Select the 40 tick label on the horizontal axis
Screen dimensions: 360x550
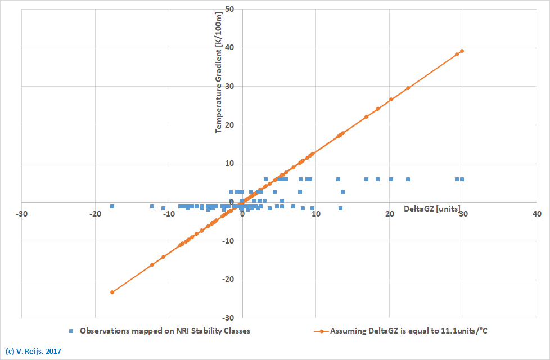coord(537,214)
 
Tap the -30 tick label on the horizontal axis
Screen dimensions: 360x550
coord(21,214)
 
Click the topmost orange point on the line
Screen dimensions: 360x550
coord(462,51)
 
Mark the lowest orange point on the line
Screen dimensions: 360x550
coord(112,292)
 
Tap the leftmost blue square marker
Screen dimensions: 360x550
coord(112,206)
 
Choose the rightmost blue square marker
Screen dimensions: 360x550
coord(462,179)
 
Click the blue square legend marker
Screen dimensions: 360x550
coord(71,331)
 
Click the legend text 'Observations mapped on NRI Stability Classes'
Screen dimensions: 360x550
coord(165,331)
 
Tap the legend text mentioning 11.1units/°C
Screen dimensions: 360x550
coord(409,331)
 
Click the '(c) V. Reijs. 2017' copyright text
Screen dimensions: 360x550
coord(33,351)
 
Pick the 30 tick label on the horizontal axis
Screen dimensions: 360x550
coord(463,214)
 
